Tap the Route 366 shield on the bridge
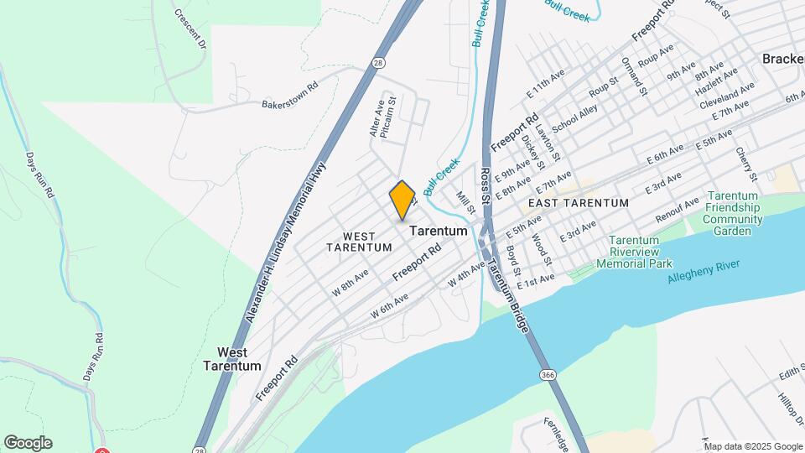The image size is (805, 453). point(547,373)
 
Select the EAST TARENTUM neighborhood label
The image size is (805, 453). point(578,203)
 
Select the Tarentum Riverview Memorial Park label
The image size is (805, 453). point(634,252)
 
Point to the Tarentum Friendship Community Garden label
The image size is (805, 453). point(733,213)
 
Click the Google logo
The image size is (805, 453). point(28,443)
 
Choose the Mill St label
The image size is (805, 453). point(466,202)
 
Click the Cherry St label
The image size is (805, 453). point(745,164)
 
